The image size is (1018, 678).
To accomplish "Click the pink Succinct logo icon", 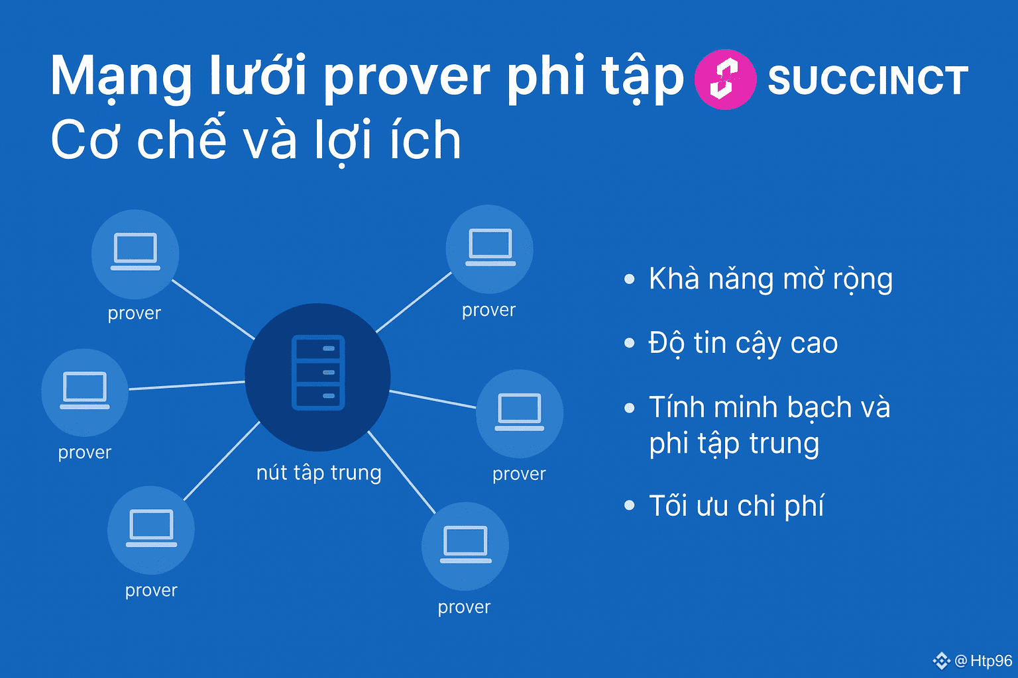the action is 725,79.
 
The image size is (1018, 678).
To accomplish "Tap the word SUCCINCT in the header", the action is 868,80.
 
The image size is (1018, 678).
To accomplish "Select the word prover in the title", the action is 407,78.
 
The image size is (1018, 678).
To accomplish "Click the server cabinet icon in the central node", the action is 318,372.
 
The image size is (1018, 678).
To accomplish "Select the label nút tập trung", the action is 319,473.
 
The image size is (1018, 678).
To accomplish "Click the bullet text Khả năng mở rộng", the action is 771,279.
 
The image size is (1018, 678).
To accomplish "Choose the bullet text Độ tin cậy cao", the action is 743,344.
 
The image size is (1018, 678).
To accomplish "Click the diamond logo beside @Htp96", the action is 941,661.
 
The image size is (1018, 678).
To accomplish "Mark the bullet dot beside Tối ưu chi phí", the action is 630,505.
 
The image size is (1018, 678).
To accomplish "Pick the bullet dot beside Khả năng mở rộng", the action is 630,279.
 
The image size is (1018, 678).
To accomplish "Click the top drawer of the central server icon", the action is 318,349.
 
